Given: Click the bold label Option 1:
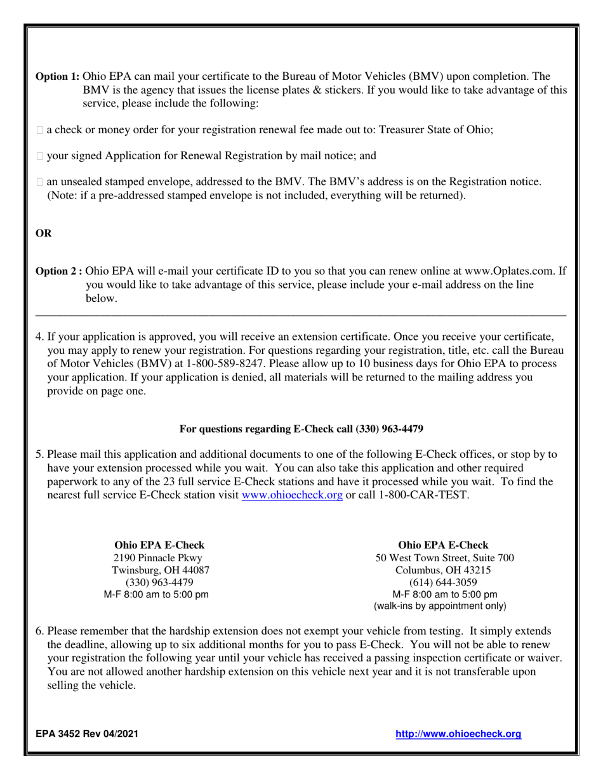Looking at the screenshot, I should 57,76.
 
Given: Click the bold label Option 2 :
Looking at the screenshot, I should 59,271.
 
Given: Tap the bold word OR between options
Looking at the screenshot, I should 44,233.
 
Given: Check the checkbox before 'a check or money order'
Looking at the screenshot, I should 40,130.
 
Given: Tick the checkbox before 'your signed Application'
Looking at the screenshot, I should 40,156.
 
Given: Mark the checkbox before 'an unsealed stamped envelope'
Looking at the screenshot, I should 40,183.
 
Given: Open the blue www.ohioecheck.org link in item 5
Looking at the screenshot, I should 292,495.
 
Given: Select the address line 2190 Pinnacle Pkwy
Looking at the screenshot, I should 158,558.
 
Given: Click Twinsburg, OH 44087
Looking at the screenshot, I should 161,570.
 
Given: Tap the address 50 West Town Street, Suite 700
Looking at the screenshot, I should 444,558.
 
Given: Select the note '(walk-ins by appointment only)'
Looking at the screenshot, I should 440,606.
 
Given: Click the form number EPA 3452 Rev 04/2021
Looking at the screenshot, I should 86,734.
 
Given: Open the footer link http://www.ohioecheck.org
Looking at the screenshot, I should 458,734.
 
